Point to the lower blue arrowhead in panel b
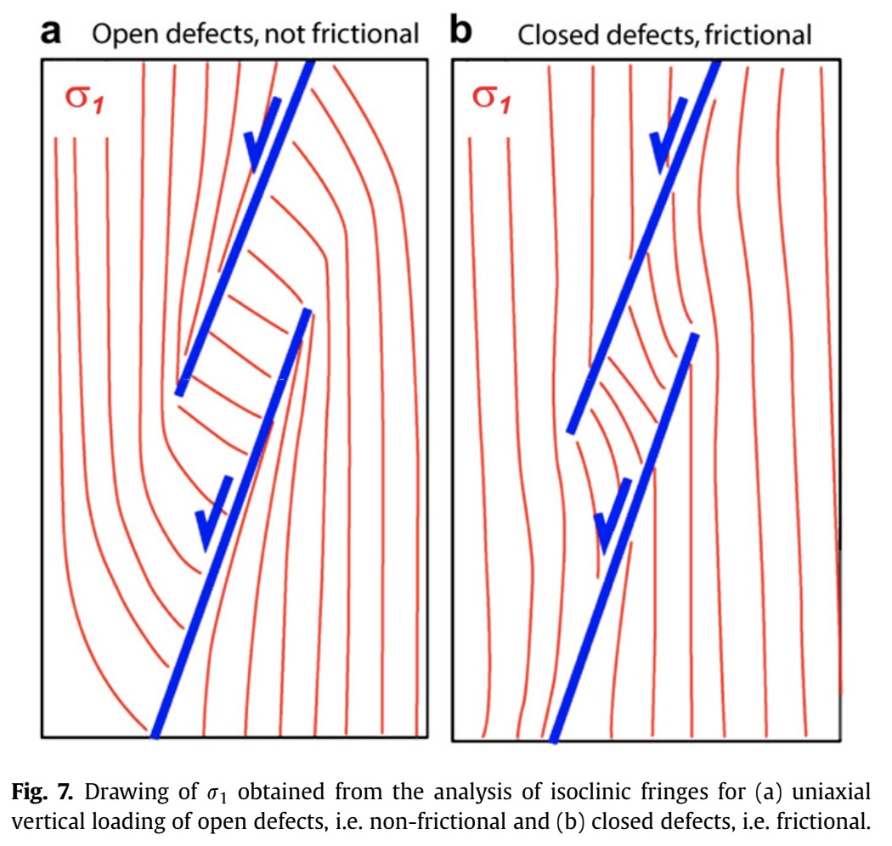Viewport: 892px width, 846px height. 612,523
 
